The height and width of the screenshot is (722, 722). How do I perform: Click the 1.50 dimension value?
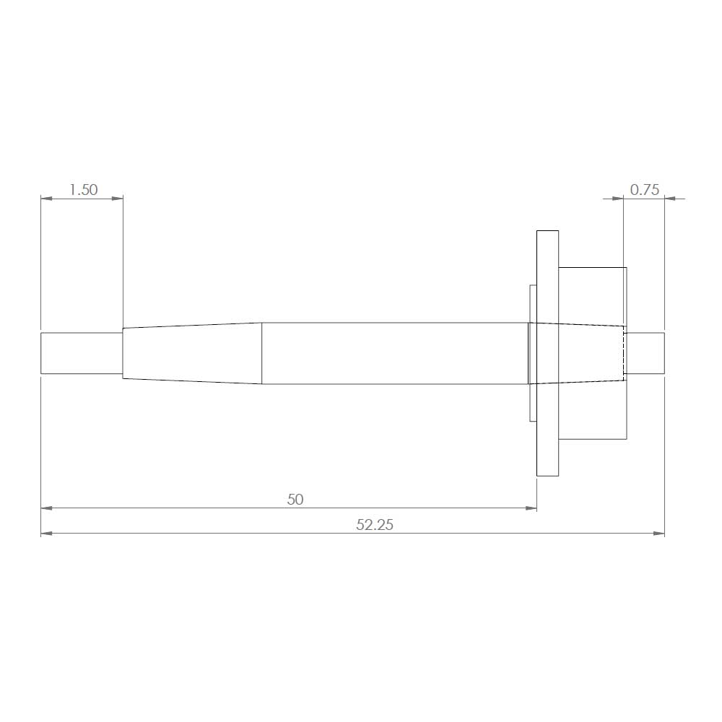point(83,190)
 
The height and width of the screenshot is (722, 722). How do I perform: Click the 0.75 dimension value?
point(644,190)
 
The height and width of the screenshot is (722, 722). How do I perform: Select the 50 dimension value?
point(295,500)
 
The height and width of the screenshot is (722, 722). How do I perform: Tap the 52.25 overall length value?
point(375,525)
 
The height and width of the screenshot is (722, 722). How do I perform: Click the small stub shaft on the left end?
point(82,353)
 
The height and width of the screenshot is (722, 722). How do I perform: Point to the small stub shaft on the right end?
point(645,353)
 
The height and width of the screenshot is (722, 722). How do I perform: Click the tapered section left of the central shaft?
point(192,353)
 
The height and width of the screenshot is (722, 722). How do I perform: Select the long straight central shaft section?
point(395,353)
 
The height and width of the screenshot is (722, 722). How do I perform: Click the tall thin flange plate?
point(547,353)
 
